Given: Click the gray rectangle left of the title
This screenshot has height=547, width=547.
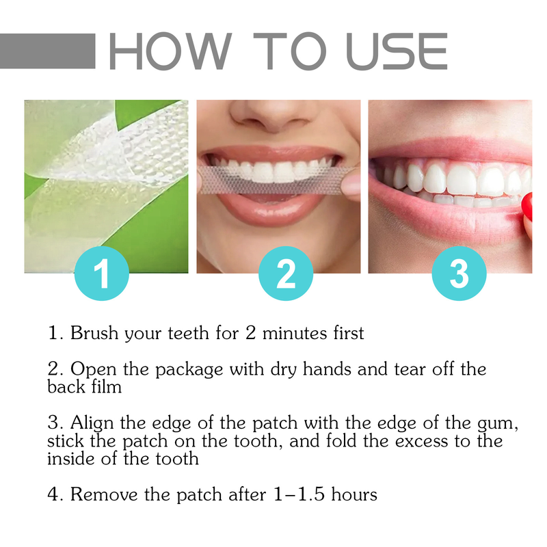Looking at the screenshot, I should [48, 51].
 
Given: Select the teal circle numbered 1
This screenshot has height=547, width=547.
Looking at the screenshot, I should [102, 274].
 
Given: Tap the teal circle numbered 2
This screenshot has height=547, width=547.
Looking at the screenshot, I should [286, 274].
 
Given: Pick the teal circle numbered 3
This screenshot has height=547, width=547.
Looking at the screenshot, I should [459, 274].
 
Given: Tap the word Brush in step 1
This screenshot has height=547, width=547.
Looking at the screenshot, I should [96, 334].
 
